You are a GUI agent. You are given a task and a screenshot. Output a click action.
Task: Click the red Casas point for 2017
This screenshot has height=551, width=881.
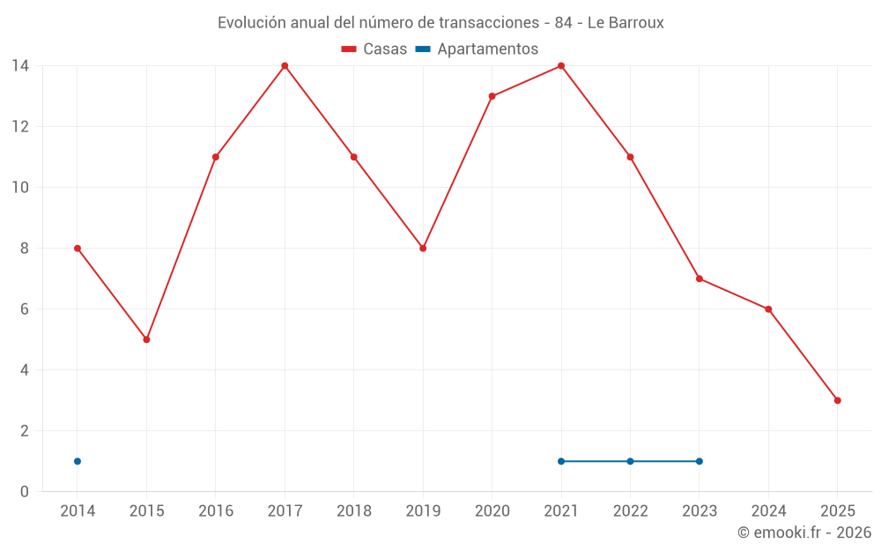(x=285, y=66)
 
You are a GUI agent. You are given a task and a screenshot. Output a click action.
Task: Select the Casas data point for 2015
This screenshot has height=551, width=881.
(x=146, y=339)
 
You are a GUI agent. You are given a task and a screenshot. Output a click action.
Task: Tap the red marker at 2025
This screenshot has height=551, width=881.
(x=837, y=400)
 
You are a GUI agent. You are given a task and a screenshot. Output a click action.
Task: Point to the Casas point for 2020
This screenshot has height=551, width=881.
(x=492, y=96)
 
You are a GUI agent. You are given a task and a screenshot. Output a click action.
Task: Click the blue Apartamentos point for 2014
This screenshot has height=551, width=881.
(x=78, y=461)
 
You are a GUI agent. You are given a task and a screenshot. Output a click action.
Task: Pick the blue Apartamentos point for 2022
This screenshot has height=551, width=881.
(x=630, y=461)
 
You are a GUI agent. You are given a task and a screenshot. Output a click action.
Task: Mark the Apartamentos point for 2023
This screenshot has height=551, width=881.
(x=699, y=461)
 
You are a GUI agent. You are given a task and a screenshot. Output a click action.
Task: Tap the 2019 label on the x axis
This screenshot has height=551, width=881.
(x=423, y=510)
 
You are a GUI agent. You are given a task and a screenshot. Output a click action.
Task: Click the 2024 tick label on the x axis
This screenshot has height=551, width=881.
(x=768, y=510)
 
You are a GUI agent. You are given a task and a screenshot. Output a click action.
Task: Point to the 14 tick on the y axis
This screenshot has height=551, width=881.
(x=19, y=66)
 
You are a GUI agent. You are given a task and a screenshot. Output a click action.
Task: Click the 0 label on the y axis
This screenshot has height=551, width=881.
(x=24, y=492)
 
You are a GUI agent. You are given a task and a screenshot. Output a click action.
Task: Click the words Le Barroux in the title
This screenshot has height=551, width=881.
(x=626, y=22)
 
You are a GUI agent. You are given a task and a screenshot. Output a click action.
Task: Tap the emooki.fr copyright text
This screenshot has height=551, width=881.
(x=804, y=532)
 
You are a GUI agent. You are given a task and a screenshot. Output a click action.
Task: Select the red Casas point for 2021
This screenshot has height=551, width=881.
(x=561, y=66)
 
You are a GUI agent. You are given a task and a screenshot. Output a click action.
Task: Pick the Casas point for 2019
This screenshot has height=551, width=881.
(x=423, y=249)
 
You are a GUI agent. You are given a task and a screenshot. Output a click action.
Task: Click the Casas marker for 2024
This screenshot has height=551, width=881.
(x=768, y=309)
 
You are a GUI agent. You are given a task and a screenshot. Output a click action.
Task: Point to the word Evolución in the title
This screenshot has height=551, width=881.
(x=252, y=22)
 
